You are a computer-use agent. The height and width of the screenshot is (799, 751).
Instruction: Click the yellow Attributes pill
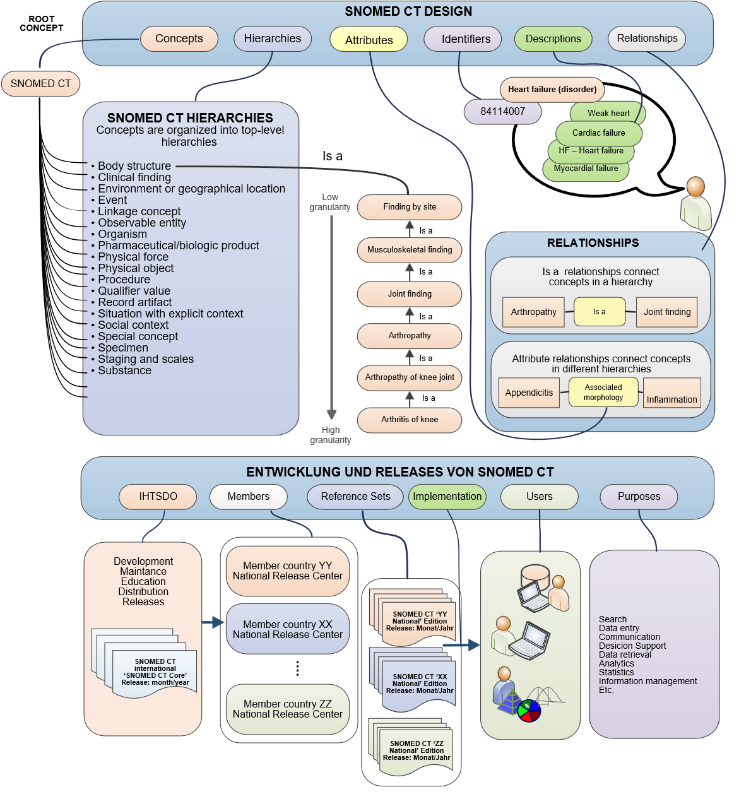click(369, 40)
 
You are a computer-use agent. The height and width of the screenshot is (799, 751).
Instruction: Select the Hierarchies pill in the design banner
click(273, 38)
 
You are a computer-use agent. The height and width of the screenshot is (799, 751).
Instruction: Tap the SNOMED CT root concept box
click(41, 83)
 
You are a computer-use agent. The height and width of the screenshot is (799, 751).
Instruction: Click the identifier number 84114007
click(503, 112)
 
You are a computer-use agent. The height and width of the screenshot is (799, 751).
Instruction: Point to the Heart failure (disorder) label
click(552, 90)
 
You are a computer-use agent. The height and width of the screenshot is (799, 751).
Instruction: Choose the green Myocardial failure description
click(586, 169)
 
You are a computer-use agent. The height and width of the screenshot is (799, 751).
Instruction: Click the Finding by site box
click(410, 207)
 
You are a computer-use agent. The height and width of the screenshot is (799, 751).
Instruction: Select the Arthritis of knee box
click(410, 420)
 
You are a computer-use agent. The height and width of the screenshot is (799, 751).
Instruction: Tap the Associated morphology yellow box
click(603, 393)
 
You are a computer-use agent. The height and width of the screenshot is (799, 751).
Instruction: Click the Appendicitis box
click(529, 393)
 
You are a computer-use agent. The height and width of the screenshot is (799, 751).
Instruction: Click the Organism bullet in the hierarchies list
click(122, 234)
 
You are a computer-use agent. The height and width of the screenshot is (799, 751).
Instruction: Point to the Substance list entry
click(124, 370)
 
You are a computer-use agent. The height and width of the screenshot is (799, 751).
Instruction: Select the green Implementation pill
click(447, 497)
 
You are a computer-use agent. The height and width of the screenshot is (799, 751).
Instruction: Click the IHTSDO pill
click(158, 497)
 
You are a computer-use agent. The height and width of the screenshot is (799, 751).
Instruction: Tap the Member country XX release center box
click(288, 629)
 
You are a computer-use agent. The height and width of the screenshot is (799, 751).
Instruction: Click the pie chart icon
click(529, 711)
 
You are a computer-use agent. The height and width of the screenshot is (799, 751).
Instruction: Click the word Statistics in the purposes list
click(617, 672)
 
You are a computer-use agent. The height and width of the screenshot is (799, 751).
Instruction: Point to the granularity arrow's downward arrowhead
click(331, 414)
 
